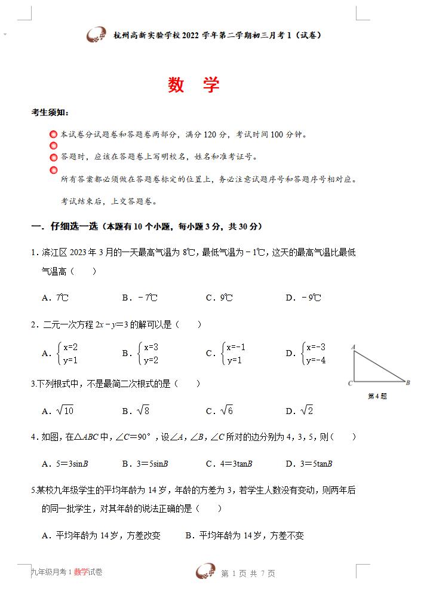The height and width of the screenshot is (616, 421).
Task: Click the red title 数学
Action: [x=193, y=85]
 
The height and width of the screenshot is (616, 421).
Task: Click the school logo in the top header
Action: [x=97, y=35]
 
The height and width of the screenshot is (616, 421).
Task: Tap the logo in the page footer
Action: [x=206, y=572]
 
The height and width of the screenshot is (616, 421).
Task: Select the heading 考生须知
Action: [x=50, y=112]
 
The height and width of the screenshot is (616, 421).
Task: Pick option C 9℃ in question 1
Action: [x=219, y=298]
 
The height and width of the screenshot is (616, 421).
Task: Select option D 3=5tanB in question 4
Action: [x=309, y=464]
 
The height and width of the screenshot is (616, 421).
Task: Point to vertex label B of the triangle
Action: [x=408, y=382]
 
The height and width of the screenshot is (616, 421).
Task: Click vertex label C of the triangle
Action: [x=350, y=383]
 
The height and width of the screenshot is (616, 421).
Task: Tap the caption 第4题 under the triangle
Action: [x=377, y=396]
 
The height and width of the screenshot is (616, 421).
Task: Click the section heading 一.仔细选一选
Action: [x=146, y=226]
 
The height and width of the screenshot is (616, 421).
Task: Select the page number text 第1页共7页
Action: [x=248, y=574]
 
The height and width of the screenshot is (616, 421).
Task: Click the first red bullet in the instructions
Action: [x=54, y=134]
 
